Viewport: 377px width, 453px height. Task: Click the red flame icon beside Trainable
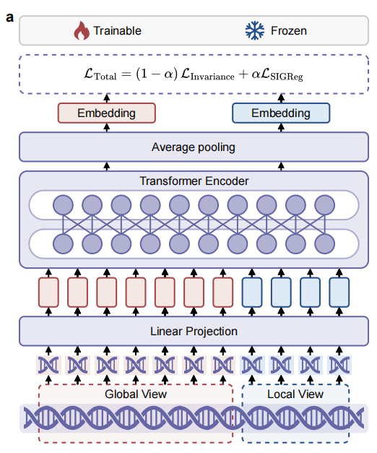coord(82,30)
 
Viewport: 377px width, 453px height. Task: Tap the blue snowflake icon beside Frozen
coord(254,30)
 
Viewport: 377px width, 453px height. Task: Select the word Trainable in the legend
coord(117,31)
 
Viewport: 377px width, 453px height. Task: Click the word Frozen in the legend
coord(289,31)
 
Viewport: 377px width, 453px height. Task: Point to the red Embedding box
coord(107,113)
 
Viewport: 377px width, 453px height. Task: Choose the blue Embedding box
coord(281,113)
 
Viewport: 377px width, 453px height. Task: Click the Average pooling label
coord(194,147)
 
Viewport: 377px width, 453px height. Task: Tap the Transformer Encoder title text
coord(194,181)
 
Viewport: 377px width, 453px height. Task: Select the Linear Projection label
coord(194,332)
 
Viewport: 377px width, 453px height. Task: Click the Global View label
coord(136,394)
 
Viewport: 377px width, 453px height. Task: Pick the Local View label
coord(295,394)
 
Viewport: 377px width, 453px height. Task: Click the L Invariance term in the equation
coord(207,75)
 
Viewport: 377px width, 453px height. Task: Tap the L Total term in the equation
coord(100,74)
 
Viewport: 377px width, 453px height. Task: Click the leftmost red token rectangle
coord(48,293)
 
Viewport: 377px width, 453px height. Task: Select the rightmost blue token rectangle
coord(339,293)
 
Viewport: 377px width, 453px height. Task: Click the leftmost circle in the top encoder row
coord(63,205)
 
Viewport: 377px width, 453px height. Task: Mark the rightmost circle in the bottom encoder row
coord(325,243)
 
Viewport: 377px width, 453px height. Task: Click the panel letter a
coord(9,17)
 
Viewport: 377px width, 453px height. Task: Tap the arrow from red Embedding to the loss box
coord(107,98)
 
